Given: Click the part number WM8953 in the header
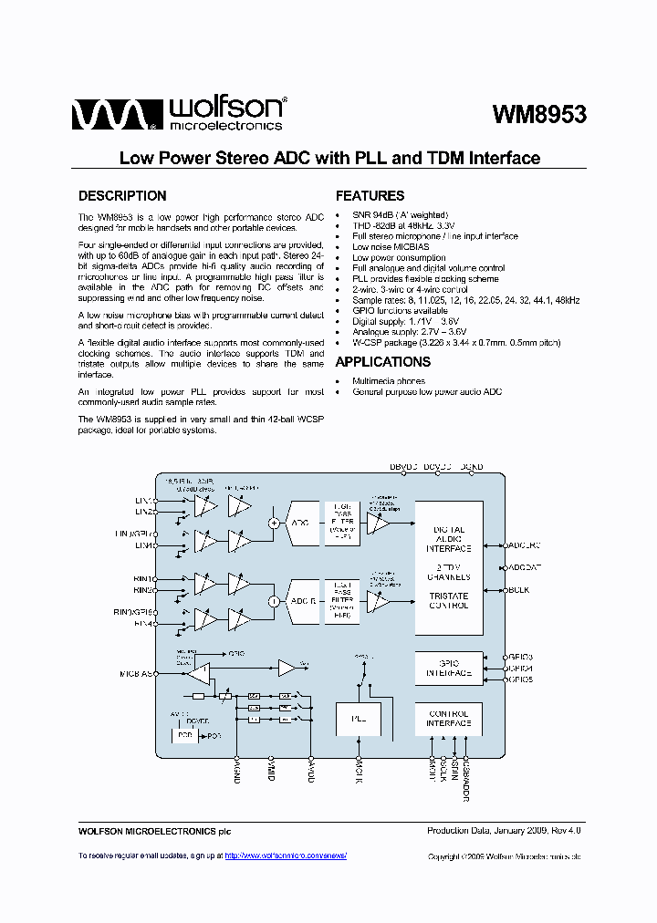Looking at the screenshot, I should click(538, 115).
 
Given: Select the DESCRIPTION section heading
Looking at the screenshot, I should click(122, 196).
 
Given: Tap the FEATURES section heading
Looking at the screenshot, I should click(370, 196).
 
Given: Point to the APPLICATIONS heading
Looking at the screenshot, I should click(384, 362).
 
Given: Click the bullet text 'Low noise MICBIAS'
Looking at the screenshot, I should click(391, 247).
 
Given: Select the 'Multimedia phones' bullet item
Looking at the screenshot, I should click(389, 381).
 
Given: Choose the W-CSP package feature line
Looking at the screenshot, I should click(456, 342).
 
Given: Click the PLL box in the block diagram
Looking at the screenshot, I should click(359, 719).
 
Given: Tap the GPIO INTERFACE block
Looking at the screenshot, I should click(448, 669).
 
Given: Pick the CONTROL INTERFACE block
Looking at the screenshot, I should click(448, 719).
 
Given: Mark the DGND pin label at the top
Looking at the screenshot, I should click(472, 467).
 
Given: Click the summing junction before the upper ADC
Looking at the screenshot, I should click(273, 523).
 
